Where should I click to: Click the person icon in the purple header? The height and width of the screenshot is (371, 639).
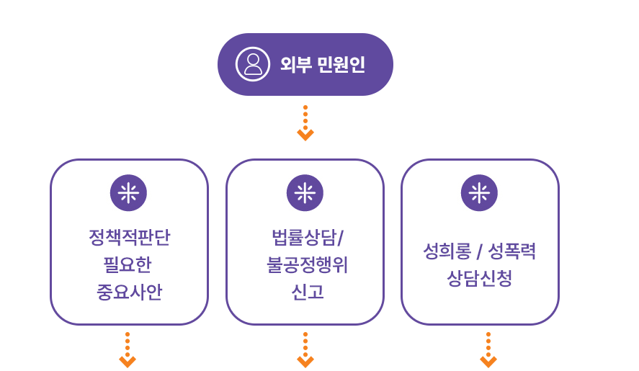point(253,65)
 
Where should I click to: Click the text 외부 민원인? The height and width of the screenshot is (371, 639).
point(322,65)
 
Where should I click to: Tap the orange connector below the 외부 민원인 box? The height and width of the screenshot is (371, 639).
point(305,123)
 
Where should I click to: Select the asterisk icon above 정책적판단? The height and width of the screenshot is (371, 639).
point(128,193)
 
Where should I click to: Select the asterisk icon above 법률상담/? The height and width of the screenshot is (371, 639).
point(305,193)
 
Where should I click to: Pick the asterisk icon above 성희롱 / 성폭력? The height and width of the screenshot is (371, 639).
point(479,193)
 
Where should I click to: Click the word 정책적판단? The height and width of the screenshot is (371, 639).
point(129,238)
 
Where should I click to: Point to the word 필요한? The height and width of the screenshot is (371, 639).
point(129,265)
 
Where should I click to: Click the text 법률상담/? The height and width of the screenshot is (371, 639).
point(305,238)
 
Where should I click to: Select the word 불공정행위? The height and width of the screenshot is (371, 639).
point(305,265)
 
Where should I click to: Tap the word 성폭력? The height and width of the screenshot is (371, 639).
point(512,252)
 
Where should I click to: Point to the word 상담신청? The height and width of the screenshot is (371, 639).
point(479,279)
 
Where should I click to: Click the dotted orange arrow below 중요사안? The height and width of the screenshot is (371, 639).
point(128,350)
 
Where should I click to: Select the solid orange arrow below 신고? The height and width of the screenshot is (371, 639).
point(305,351)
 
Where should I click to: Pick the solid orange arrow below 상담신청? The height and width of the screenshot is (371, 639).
point(489,351)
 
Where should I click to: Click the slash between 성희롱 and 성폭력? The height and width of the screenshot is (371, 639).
point(479,253)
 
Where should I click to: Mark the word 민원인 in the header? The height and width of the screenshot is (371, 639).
point(341,65)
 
